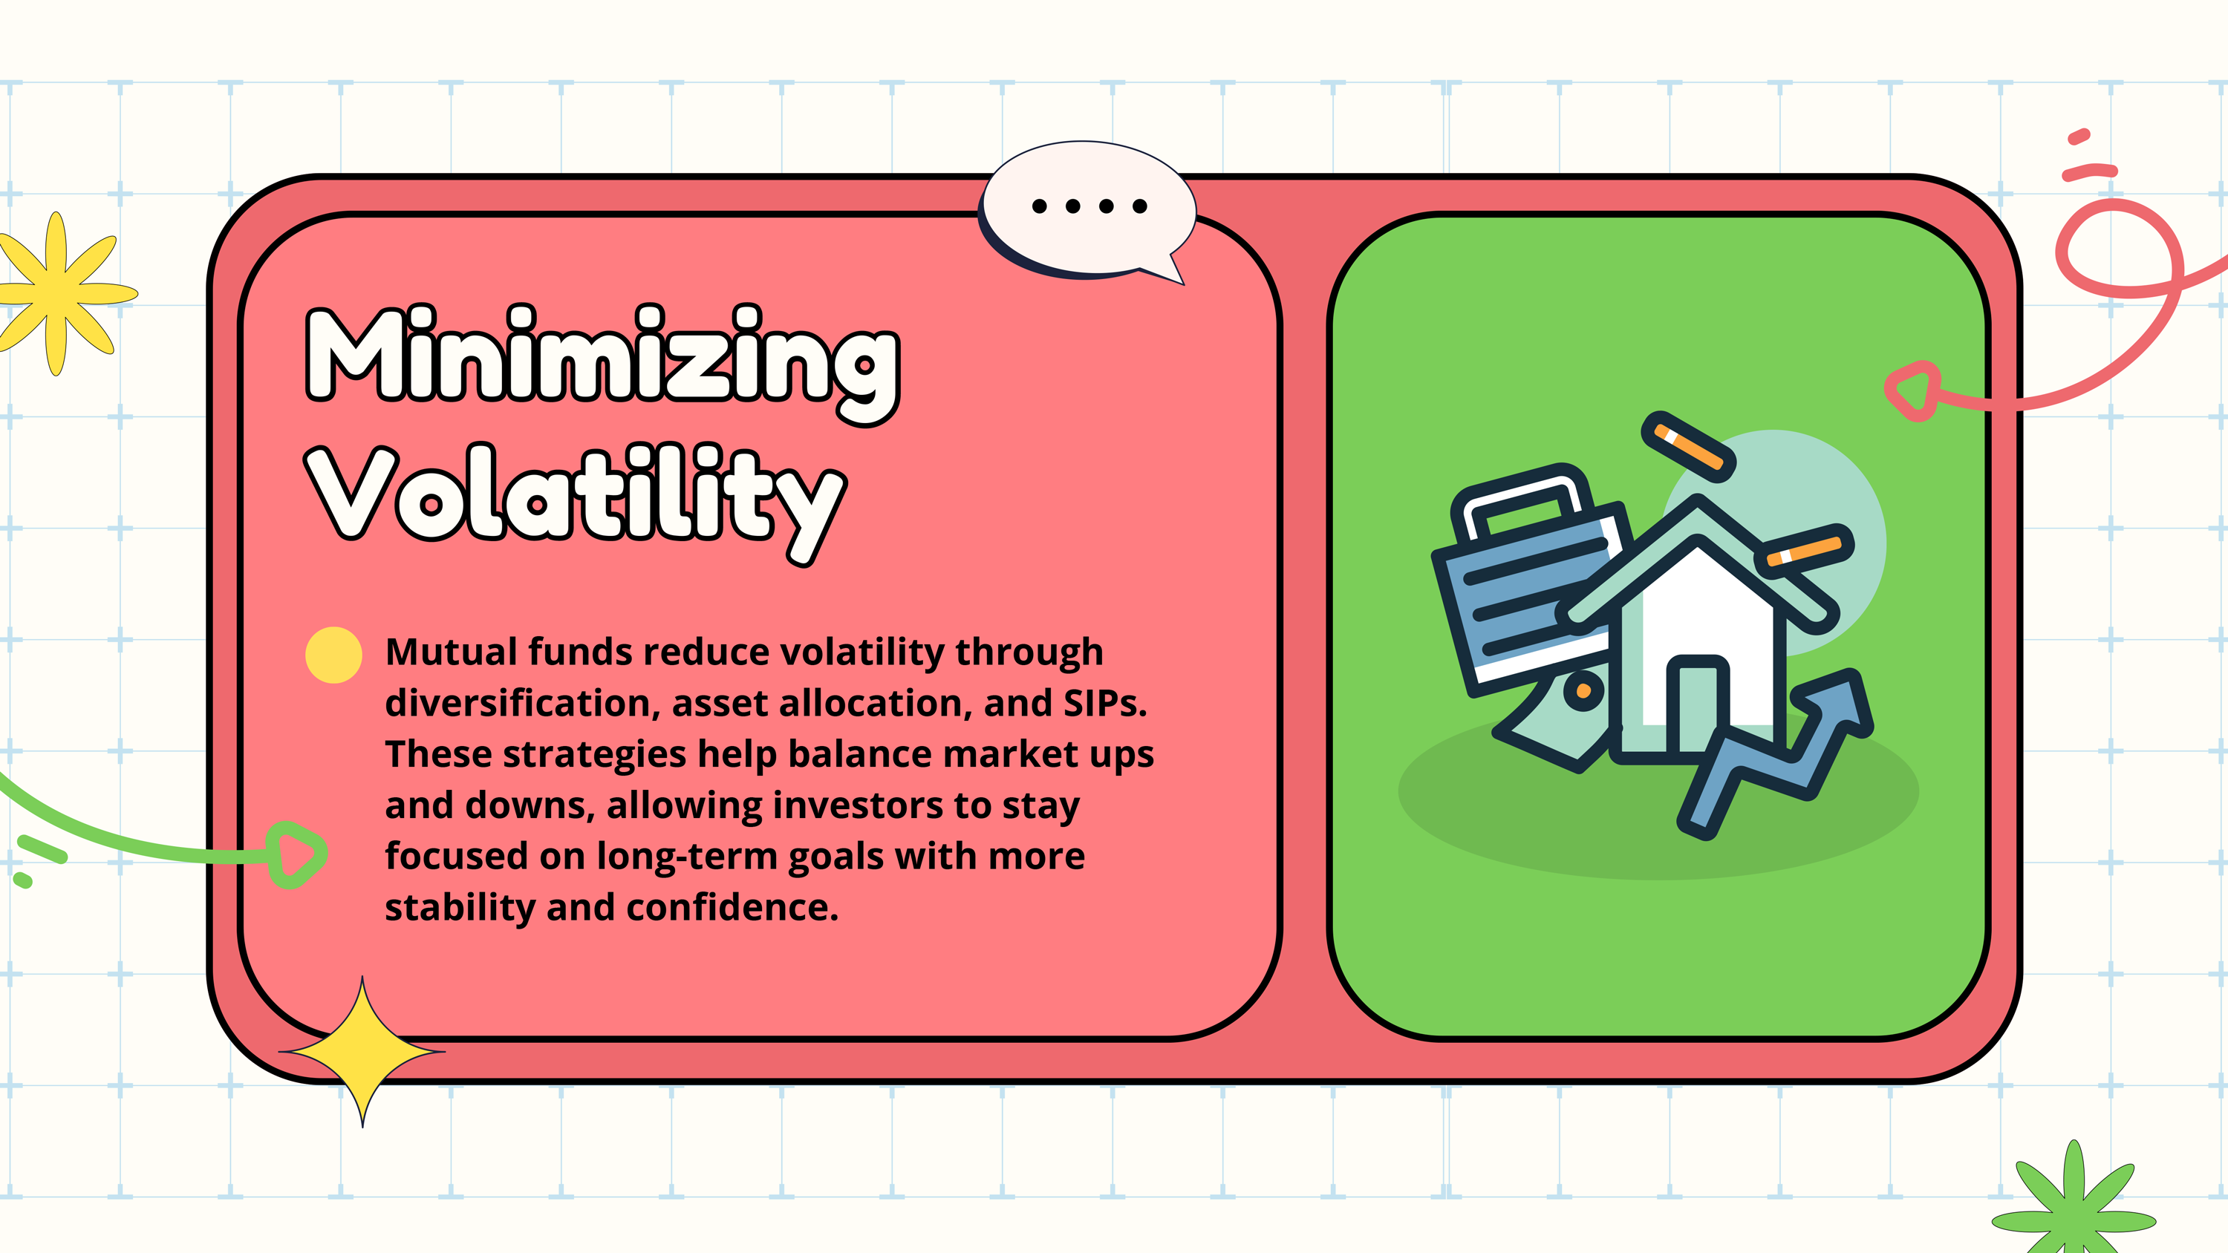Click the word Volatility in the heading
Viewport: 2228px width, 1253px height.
point(575,502)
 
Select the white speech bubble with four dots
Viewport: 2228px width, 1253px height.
point(1087,210)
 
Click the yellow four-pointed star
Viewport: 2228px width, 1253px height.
point(362,1052)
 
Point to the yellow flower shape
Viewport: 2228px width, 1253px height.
point(57,293)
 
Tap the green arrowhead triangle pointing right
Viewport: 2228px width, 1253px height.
point(296,854)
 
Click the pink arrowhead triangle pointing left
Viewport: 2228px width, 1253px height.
point(1912,391)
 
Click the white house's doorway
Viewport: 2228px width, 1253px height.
point(1697,704)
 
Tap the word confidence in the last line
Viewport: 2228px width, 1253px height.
point(732,907)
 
